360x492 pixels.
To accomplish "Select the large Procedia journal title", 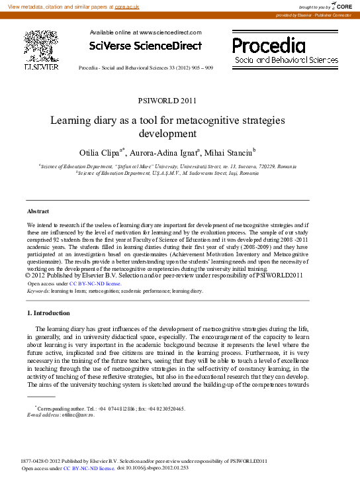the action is [x=269, y=45].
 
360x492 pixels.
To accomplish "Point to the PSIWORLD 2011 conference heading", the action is [x=167, y=101].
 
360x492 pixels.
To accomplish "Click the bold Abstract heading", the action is [x=38, y=211].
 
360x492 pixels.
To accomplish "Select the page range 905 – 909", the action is [x=201, y=68].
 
